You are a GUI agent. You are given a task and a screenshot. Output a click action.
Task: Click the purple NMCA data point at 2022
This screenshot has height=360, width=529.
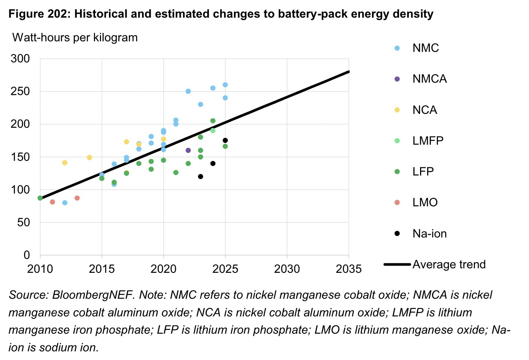click(x=188, y=150)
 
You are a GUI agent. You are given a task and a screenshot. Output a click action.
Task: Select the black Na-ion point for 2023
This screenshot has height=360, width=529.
click(x=201, y=177)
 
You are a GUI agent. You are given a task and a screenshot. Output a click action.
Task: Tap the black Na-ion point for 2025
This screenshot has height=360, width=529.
click(x=225, y=140)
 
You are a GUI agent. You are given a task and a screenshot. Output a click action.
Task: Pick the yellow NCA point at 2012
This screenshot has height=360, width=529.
click(x=65, y=163)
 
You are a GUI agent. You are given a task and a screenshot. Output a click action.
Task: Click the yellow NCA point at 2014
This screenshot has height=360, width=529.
click(x=89, y=157)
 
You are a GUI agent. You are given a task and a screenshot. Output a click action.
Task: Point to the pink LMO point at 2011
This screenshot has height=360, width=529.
click(x=52, y=202)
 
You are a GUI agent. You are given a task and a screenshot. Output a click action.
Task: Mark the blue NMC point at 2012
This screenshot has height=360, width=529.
click(x=65, y=203)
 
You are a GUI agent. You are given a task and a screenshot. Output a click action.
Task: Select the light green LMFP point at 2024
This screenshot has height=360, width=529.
click(x=213, y=130)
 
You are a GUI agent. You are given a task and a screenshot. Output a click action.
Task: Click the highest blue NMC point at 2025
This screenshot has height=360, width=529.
click(x=225, y=85)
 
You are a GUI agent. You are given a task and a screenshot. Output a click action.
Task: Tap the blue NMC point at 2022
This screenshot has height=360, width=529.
click(x=188, y=91)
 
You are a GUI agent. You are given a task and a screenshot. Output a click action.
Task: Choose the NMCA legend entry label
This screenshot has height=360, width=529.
click(x=429, y=79)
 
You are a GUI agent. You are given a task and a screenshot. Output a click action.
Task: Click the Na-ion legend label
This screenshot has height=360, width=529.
click(x=429, y=234)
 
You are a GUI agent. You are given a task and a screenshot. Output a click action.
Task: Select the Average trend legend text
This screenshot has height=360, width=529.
click(x=449, y=265)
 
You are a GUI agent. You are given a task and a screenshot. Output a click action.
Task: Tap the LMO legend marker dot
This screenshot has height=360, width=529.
click(x=397, y=203)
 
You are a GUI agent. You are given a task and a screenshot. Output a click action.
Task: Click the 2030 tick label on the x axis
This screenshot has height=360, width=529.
click(x=287, y=269)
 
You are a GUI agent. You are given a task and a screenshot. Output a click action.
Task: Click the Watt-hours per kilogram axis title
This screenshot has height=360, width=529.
click(x=75, y=38)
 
